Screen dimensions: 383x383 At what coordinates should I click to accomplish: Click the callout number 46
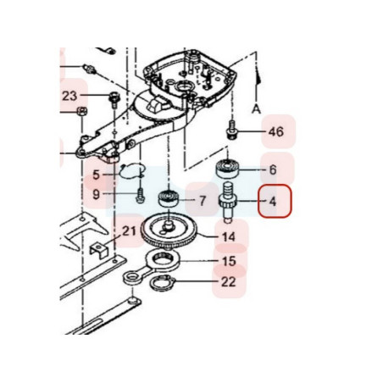point(276,131)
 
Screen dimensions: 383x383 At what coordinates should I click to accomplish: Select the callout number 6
point(273,169)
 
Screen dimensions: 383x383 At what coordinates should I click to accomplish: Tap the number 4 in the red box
point(273,202)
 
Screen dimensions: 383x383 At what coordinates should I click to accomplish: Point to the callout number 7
point(203,201)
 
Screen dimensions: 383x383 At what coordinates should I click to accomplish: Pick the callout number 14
point(229,236)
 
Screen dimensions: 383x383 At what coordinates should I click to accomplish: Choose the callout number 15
point(229,261)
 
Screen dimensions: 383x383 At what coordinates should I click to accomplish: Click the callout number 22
point(228,281)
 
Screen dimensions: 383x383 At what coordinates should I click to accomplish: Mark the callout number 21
point(129,231)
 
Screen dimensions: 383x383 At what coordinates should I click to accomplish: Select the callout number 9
point(97,194)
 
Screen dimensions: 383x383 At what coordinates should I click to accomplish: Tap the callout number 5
point(97,175)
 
